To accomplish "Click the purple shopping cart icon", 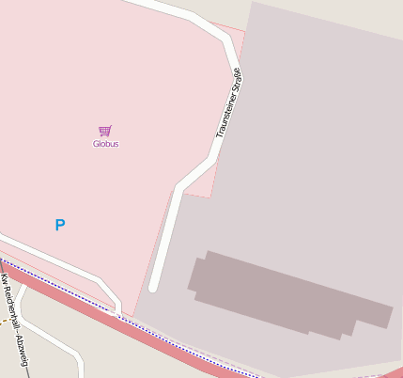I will pyautogui.click(x=104, y=131).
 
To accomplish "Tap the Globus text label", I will pyautogui.click(x=105, y=144).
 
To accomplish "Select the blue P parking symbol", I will pyautogui.click(x=60, y=225).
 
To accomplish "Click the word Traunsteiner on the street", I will pyautogui.click(x=225, y=117).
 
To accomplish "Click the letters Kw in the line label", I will pyautogui.click(x=4, y=280).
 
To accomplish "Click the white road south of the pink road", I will pyautogui.click(x=56, y=342).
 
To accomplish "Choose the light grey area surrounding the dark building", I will pyautogui.click(x=310, y=141).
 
